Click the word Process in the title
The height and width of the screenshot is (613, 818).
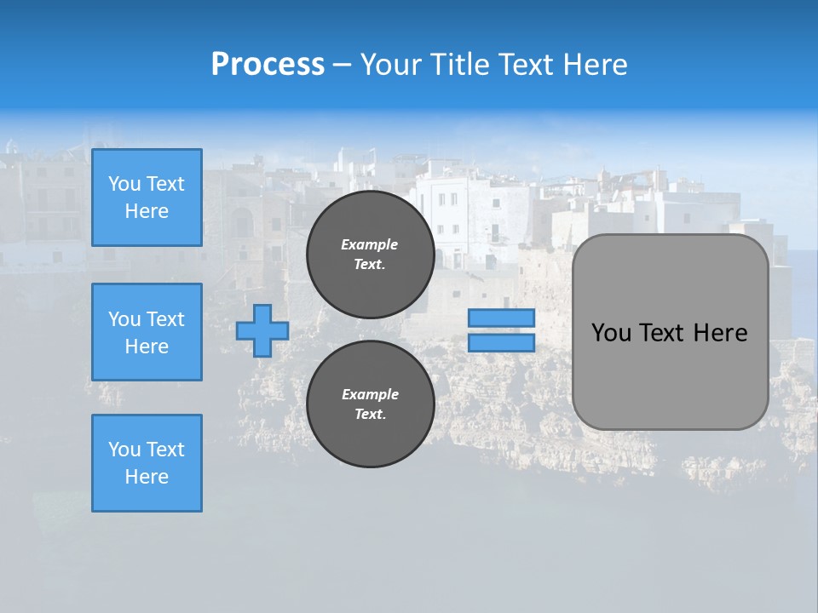pos(268,65)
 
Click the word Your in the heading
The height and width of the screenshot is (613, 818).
pos(392,65)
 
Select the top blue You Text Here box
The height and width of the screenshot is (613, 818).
pos(147,198)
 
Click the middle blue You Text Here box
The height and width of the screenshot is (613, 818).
pos(147,332)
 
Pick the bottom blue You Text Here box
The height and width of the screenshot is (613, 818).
pos(147,463)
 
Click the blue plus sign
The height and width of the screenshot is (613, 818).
pos(262,331)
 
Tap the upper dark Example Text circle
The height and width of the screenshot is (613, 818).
pos(370,254)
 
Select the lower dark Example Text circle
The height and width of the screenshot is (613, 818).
pos(370,404)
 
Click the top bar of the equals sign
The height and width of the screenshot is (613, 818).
pos(501,318)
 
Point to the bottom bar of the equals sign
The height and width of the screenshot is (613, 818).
pos(501,342)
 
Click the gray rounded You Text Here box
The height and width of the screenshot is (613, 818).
pos(670,332)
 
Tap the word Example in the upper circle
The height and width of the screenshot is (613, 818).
pos(370,244)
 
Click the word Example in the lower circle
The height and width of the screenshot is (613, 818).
pos(370,394)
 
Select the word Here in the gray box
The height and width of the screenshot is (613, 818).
pos(720,333)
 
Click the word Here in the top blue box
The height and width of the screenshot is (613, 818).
pos(147,211)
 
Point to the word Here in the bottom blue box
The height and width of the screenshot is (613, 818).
pos(147,477)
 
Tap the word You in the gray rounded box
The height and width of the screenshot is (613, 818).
pos(611,333)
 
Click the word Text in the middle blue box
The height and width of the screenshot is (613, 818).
pos(165,319)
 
